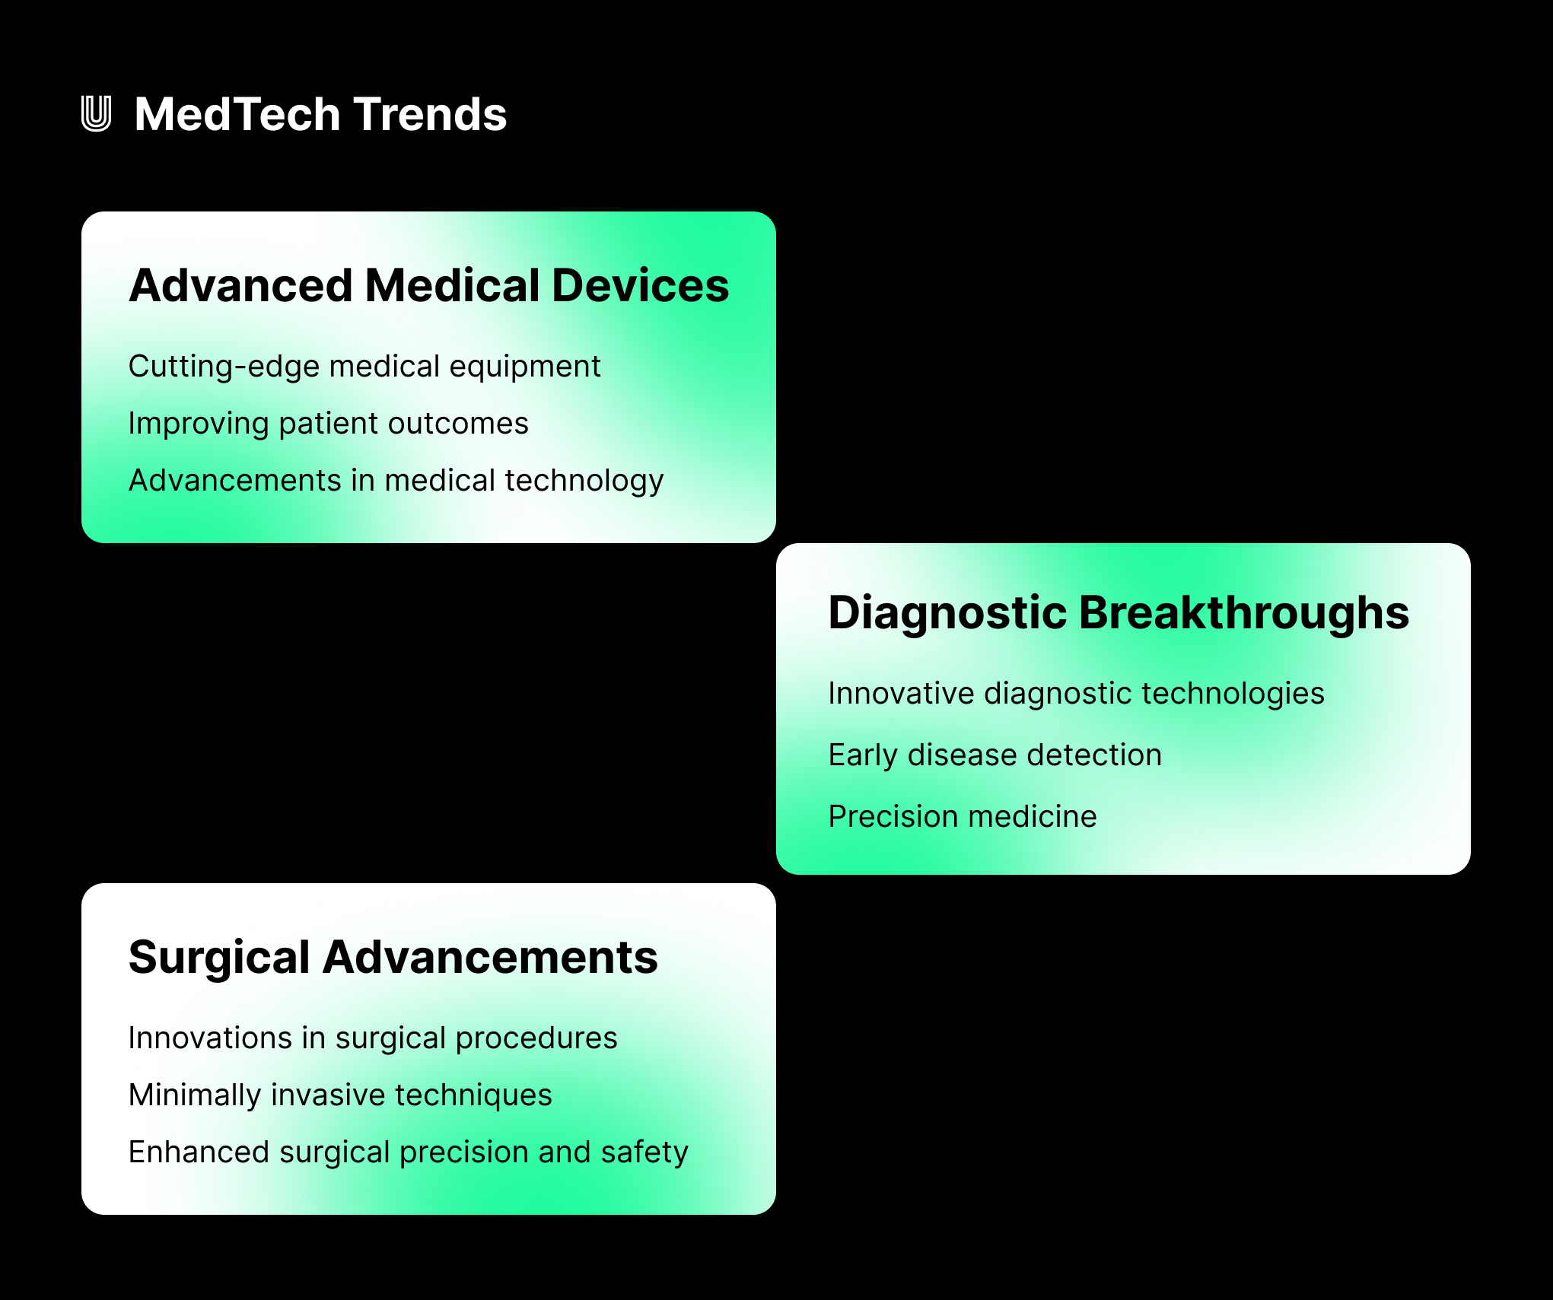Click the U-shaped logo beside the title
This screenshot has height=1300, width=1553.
pos(96,114)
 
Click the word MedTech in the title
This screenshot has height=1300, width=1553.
pos(237,114)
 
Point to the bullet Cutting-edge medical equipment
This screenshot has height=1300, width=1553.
pos(364,367)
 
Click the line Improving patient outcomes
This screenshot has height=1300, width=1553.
pos(328,424)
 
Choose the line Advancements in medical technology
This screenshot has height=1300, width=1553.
pos(396,481)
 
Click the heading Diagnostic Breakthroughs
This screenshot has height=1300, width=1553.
pos(1118,612)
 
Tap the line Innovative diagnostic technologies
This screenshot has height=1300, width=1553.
pos(1076,694)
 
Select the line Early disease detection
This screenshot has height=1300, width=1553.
pos(994,755)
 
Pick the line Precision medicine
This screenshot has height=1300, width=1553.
pos(962,817)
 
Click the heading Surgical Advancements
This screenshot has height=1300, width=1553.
pos(393,957)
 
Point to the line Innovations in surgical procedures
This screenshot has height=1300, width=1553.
pos(372,1038)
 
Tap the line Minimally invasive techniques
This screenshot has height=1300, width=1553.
pos(339,1095)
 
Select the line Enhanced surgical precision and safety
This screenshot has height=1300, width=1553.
pos(408,1152)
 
